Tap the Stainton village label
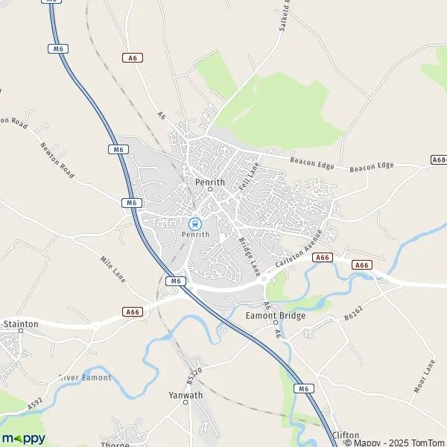pyautogui.click(x=21, y=324)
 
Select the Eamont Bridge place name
pyautogui.click(x=276, y=315)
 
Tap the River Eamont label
pyautogui.click(x=85, y=378)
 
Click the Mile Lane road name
pyautogui.click(x=112, y=269)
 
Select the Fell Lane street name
pyautogui.click(x=247, y=180)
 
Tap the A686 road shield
pyautogui.click(x=439, y=159)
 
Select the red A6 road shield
pyautogui.click(x=133, y=57)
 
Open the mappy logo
pyautogui.click(x=23, y=437)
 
